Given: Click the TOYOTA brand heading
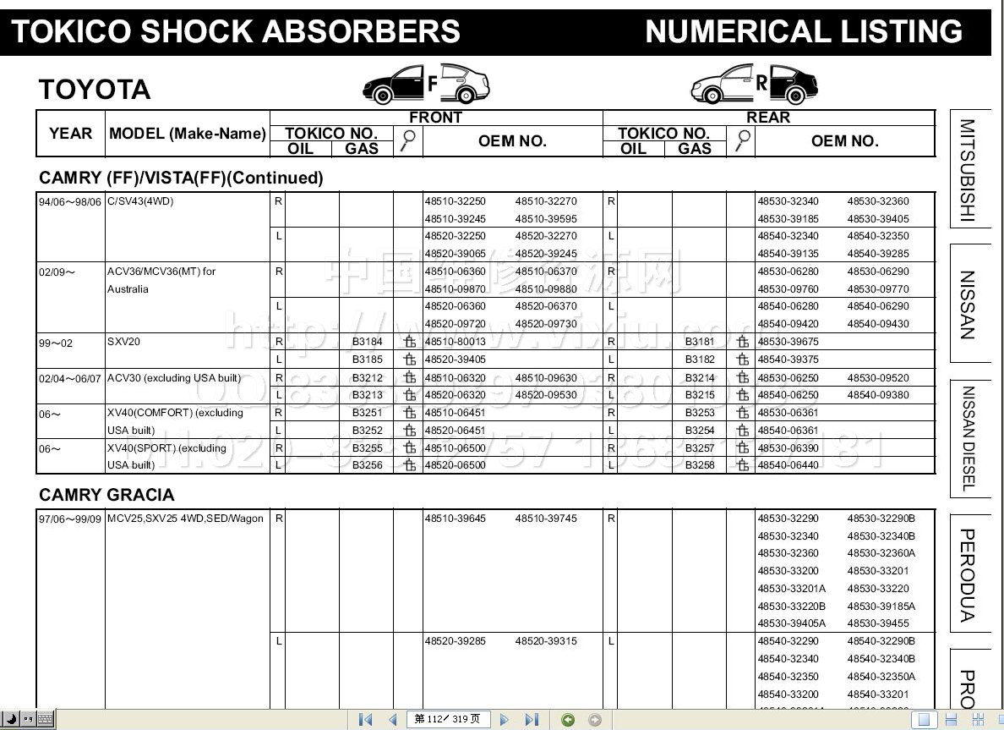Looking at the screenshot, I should (95, 90).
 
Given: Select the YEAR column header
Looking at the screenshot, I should (71, 134).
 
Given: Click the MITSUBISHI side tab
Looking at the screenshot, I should (967, 169).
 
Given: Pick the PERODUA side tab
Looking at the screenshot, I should (968, 574).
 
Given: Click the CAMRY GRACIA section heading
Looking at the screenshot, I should (106, 495).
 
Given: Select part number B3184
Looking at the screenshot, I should (368, 342).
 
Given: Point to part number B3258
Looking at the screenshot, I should (700, 465).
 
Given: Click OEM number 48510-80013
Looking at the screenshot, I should (456, 342).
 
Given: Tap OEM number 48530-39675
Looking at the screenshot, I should (788, 342).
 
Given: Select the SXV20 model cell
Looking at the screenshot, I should (125, 342).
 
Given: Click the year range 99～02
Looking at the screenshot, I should (56, 343).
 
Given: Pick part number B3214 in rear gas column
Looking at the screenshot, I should (700, 378).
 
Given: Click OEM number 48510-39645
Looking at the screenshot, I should (456, 519).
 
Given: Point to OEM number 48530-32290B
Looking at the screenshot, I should (881, 519).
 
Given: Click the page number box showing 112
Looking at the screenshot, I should (448, 719).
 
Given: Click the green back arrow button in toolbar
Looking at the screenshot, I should (568, 719).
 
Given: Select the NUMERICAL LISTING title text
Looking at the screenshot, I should (804, 32).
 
